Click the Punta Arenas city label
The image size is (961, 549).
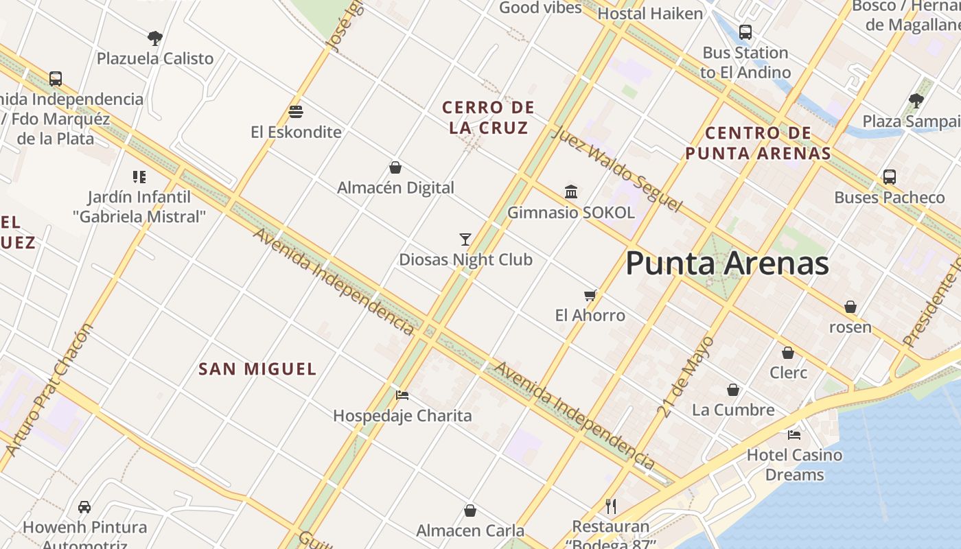(727, 264)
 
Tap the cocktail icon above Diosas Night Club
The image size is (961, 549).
(465, 240)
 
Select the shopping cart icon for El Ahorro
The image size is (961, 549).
(590, 296)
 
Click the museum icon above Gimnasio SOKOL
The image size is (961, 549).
(570, 191)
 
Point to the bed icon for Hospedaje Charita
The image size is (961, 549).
(402, 395)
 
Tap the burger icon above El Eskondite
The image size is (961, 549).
(296, 111)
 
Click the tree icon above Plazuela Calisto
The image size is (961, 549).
(155, 38)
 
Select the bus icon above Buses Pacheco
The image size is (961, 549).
(890, 177)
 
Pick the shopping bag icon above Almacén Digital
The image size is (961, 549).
(395, 167)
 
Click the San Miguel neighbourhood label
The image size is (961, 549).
(257, 369)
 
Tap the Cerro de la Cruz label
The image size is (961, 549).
(488, 117)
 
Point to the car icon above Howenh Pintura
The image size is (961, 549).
(84, 507)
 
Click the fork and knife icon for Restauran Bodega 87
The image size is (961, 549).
(611, 506)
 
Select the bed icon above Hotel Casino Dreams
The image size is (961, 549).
(794, 434)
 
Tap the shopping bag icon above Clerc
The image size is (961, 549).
(788, 353)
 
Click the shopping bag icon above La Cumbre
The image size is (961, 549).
(733, 390)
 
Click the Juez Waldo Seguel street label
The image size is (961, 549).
(616, 169)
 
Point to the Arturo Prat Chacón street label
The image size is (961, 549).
(48, 389)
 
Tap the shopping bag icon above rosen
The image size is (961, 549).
(850, 307)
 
